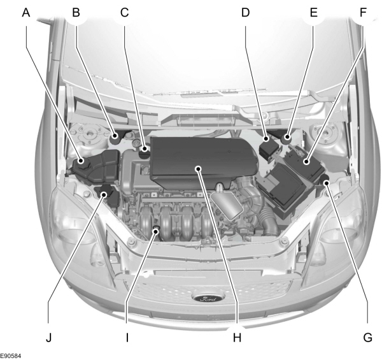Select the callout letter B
coord(76,11)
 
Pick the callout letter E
coord(313,11)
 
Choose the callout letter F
coord(363,11)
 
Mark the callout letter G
coord(367,337)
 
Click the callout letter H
coord(237,337)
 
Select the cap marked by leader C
coord(146,151)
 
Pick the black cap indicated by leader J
coord(104,193)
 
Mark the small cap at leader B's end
coord(115,136)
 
